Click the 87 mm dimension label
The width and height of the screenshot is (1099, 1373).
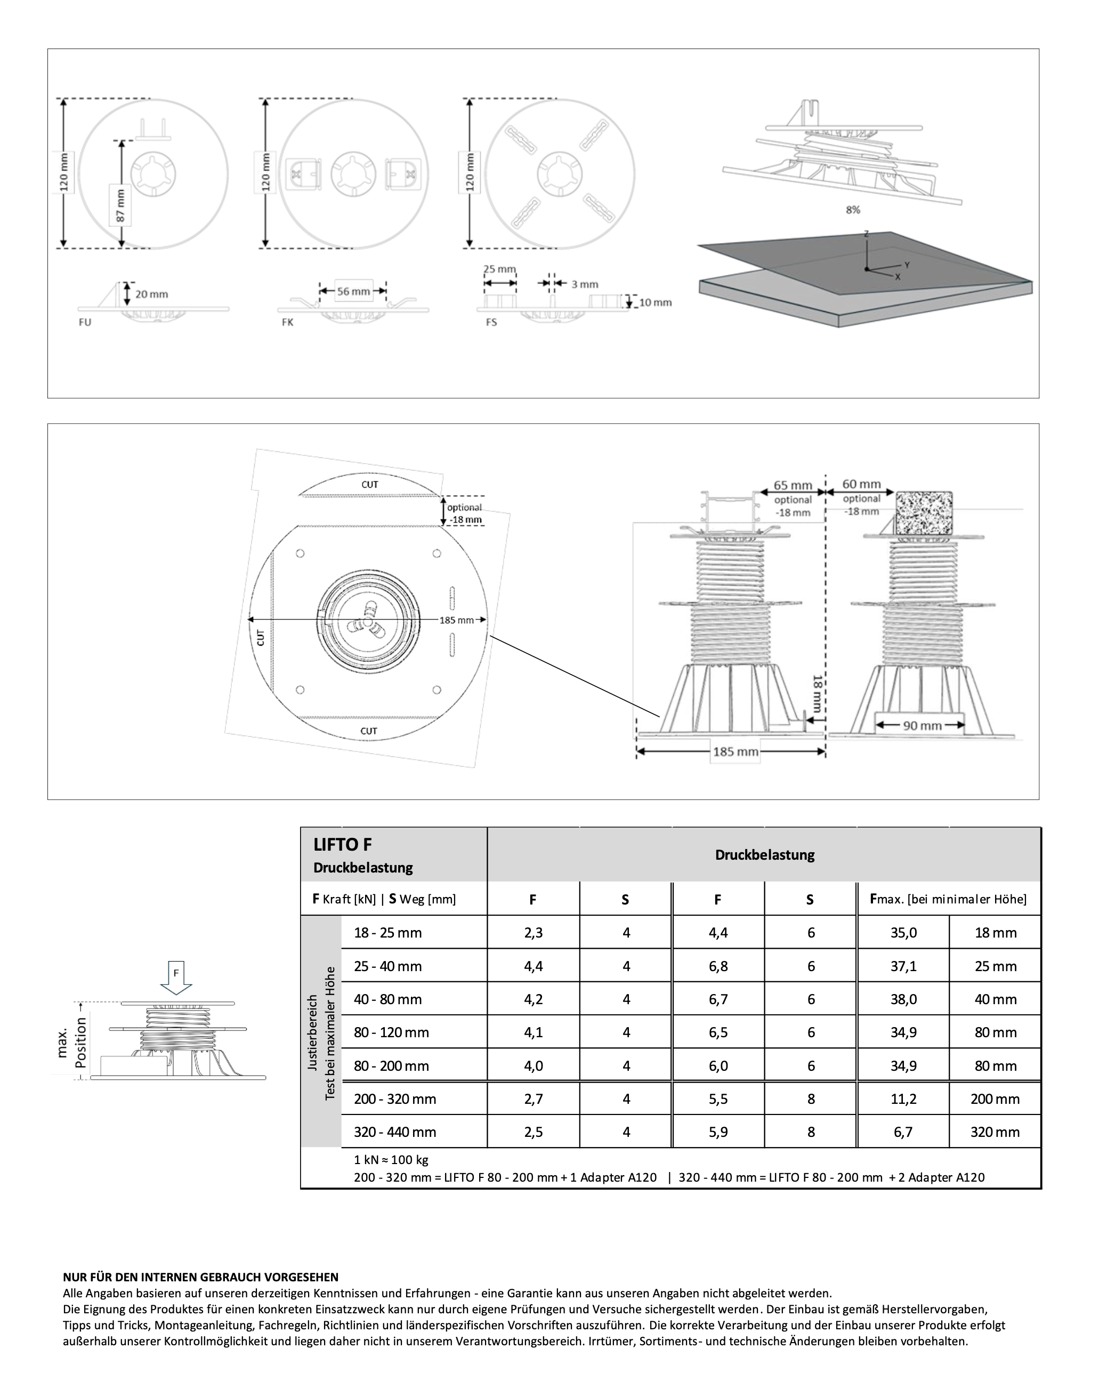(x=120, y=206)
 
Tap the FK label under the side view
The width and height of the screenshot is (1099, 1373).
(x=287, y=322)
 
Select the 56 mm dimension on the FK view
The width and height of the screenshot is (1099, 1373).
(x=353, y=291)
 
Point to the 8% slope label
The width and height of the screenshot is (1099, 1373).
(x=853, y=209)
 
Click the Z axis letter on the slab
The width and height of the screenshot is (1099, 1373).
(x=866, y=233)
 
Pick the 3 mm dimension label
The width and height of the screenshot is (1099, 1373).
(x=584, y=284)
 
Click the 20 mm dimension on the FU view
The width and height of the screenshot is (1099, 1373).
(x=151, y=294)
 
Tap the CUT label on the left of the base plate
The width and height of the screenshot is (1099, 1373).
(x=261, y=637)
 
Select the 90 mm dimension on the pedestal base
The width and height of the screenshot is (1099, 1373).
(x=922, y=725)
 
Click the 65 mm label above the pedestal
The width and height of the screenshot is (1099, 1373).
(x=793, y=485)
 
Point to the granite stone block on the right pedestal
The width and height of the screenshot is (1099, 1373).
(x=924, y=512)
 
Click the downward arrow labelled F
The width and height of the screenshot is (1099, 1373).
(x=176, y=978)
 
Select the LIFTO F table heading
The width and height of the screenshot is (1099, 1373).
(x=343, y=844)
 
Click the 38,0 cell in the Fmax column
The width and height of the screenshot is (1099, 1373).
(x=903, y=999)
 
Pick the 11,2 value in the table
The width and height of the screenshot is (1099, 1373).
(x=903, y=1099)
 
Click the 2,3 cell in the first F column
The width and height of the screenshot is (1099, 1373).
(x=533, y=933)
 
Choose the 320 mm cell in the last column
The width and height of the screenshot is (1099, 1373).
(x=995, y=1132)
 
